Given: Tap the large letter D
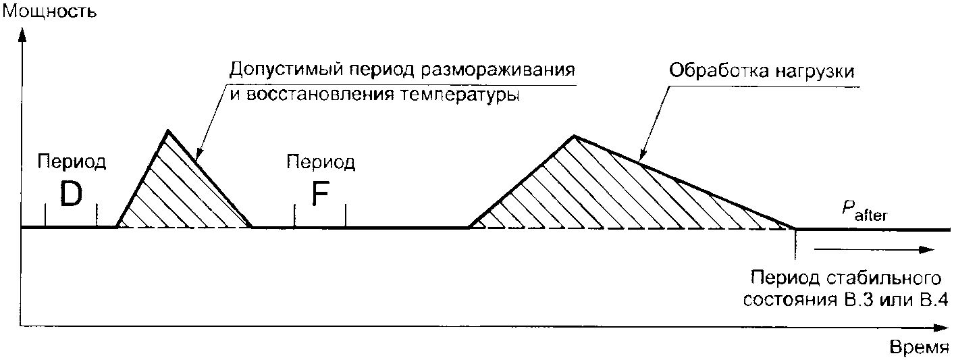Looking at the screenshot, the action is click(71, 195).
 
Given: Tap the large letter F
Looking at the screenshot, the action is click(320, 195).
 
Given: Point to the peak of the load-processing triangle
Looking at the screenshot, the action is click(573, 136).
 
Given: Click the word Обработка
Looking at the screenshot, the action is click(712, 71).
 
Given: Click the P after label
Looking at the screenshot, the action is click(864, 211).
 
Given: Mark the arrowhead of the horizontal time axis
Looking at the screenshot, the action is click(945, 328).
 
